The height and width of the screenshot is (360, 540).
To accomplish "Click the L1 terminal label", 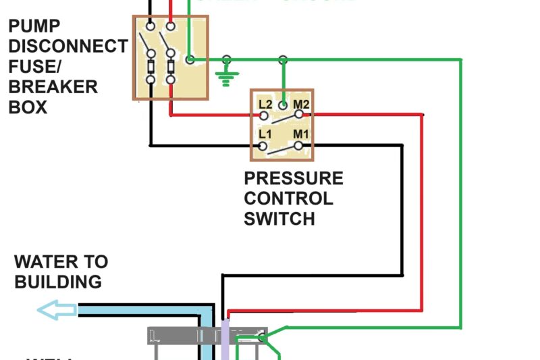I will coord(265,134).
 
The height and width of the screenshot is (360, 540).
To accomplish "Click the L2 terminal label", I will coord(265,105).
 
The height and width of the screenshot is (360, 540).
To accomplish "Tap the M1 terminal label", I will coord(300,134).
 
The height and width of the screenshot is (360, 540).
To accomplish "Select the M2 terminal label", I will coord(301,105).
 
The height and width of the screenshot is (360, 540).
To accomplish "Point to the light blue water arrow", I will coord(56,311).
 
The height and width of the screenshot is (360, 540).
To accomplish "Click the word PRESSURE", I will coord(293,179).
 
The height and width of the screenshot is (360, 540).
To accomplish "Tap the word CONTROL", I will coord(288,199).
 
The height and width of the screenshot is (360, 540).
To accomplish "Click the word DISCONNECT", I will coord(68,47).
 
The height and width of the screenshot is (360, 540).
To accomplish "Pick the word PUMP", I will coord(34,26).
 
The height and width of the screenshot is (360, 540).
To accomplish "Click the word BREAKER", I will coord(53,87).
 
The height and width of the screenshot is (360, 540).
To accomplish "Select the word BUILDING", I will coord(58,282).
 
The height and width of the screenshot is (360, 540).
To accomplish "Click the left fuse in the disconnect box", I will coord(151,67).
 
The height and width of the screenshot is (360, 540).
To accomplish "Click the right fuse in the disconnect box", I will coord(170,67).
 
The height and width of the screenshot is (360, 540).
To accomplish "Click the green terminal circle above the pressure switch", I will coord(283,60).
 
